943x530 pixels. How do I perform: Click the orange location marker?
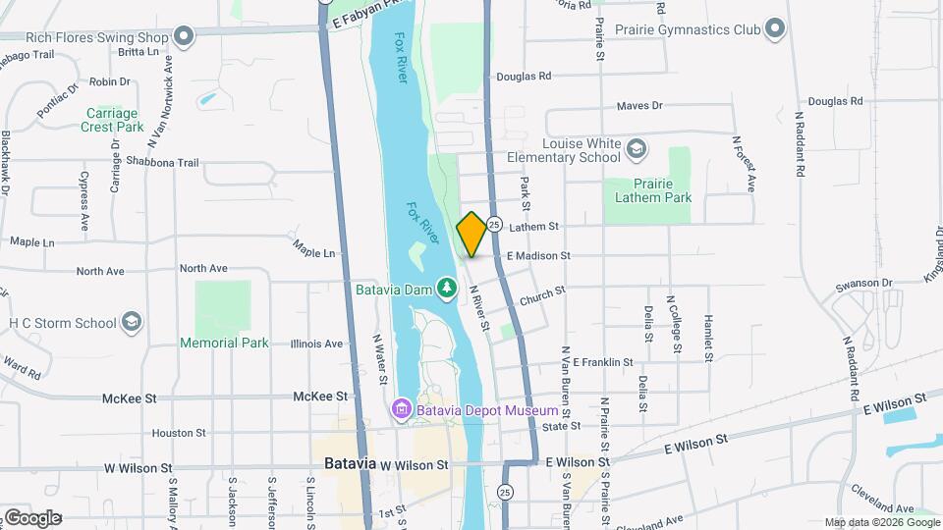click(x=471, y=234)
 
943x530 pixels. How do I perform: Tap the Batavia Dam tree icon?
click(x=448, y=288)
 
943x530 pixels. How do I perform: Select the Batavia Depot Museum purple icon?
click(x=400, y=408)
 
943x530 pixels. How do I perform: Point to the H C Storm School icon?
click(x=132, y=322)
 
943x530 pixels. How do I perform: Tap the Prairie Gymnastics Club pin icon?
click(x=775, y=28)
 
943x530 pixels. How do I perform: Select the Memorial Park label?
click(x=224, y=343)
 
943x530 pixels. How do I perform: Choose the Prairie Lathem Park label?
click(x=647, y=190)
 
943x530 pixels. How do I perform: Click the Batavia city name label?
click(x=349, y=463)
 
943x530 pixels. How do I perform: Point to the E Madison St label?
click(x=537, y=255)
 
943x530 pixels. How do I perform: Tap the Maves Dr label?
click(x=639, y=106)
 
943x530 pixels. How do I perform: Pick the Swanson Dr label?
click(x=862, y=284)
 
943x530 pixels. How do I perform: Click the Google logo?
click(x=31, y=517)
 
